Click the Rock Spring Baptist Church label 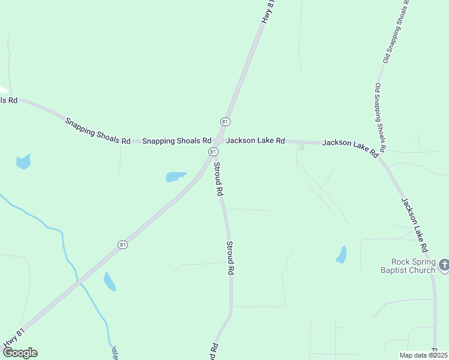[412, 266]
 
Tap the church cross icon [444, 264]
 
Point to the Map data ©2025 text [423, 355]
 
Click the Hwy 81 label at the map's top [268, 11]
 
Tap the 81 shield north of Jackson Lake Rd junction [225, 122]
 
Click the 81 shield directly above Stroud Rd [213, 152]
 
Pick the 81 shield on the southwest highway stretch [122, 245]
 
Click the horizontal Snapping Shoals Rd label [176, 141]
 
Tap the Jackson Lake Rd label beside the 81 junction [255, 140]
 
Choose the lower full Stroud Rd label [229, 257]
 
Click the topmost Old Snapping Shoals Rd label [396, 31]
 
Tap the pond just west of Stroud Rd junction [175, 176]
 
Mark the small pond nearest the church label [342, 255]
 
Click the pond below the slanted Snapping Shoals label [23, 161]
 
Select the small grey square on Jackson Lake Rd [301, 146]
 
